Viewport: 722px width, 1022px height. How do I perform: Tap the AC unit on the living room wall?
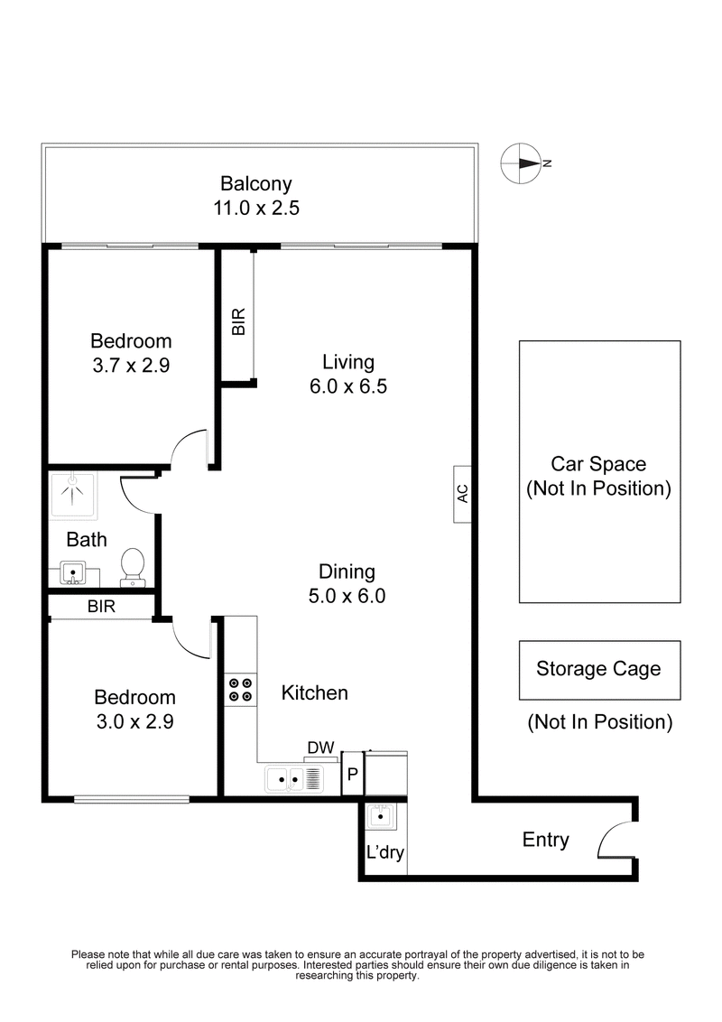tap(462, 494)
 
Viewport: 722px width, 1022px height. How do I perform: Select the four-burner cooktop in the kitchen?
tap(240, 690)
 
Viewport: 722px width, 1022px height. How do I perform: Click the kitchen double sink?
tap(293, 777)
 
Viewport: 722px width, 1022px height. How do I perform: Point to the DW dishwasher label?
tap(320, 748)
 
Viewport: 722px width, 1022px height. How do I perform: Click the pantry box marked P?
tap(352, 774)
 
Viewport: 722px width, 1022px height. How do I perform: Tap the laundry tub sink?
tap(379, 817)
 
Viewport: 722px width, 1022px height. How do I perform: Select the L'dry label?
tap(384, 851)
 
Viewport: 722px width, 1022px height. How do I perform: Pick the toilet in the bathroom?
tap(134, 564)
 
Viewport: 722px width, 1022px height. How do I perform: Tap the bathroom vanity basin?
tap(73, 572)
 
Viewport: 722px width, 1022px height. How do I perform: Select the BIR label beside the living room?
tap(238, 323)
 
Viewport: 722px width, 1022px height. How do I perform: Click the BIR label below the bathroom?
tap(101, 607)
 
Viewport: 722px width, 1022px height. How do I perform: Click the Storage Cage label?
tap(598, 669)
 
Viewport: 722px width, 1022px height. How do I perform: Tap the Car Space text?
tap(598, 464)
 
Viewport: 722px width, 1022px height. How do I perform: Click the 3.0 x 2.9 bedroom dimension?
tap(134, 721)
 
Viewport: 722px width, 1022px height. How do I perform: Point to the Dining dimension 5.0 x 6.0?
tap(347, 596)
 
